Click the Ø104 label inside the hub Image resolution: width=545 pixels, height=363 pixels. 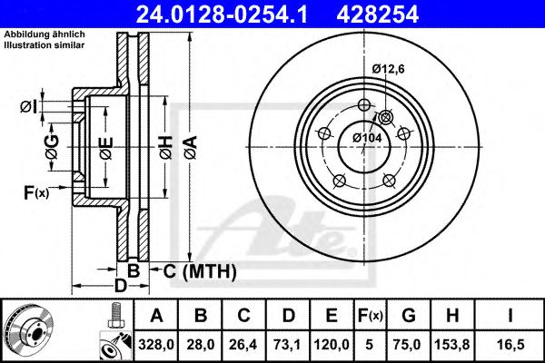365,137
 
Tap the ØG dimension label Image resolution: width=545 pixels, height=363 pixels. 52,146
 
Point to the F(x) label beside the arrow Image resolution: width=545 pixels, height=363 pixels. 35,191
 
